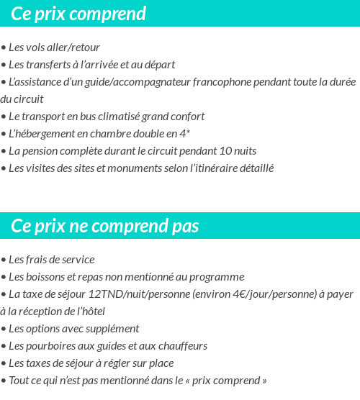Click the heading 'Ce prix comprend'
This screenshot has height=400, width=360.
[x=78, y=14]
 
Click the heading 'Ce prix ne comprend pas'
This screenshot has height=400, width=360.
[x=104, y=226]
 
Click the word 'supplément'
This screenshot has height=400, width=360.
[x=113, y=329]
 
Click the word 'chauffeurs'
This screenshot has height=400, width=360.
[x=181, y=346]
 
